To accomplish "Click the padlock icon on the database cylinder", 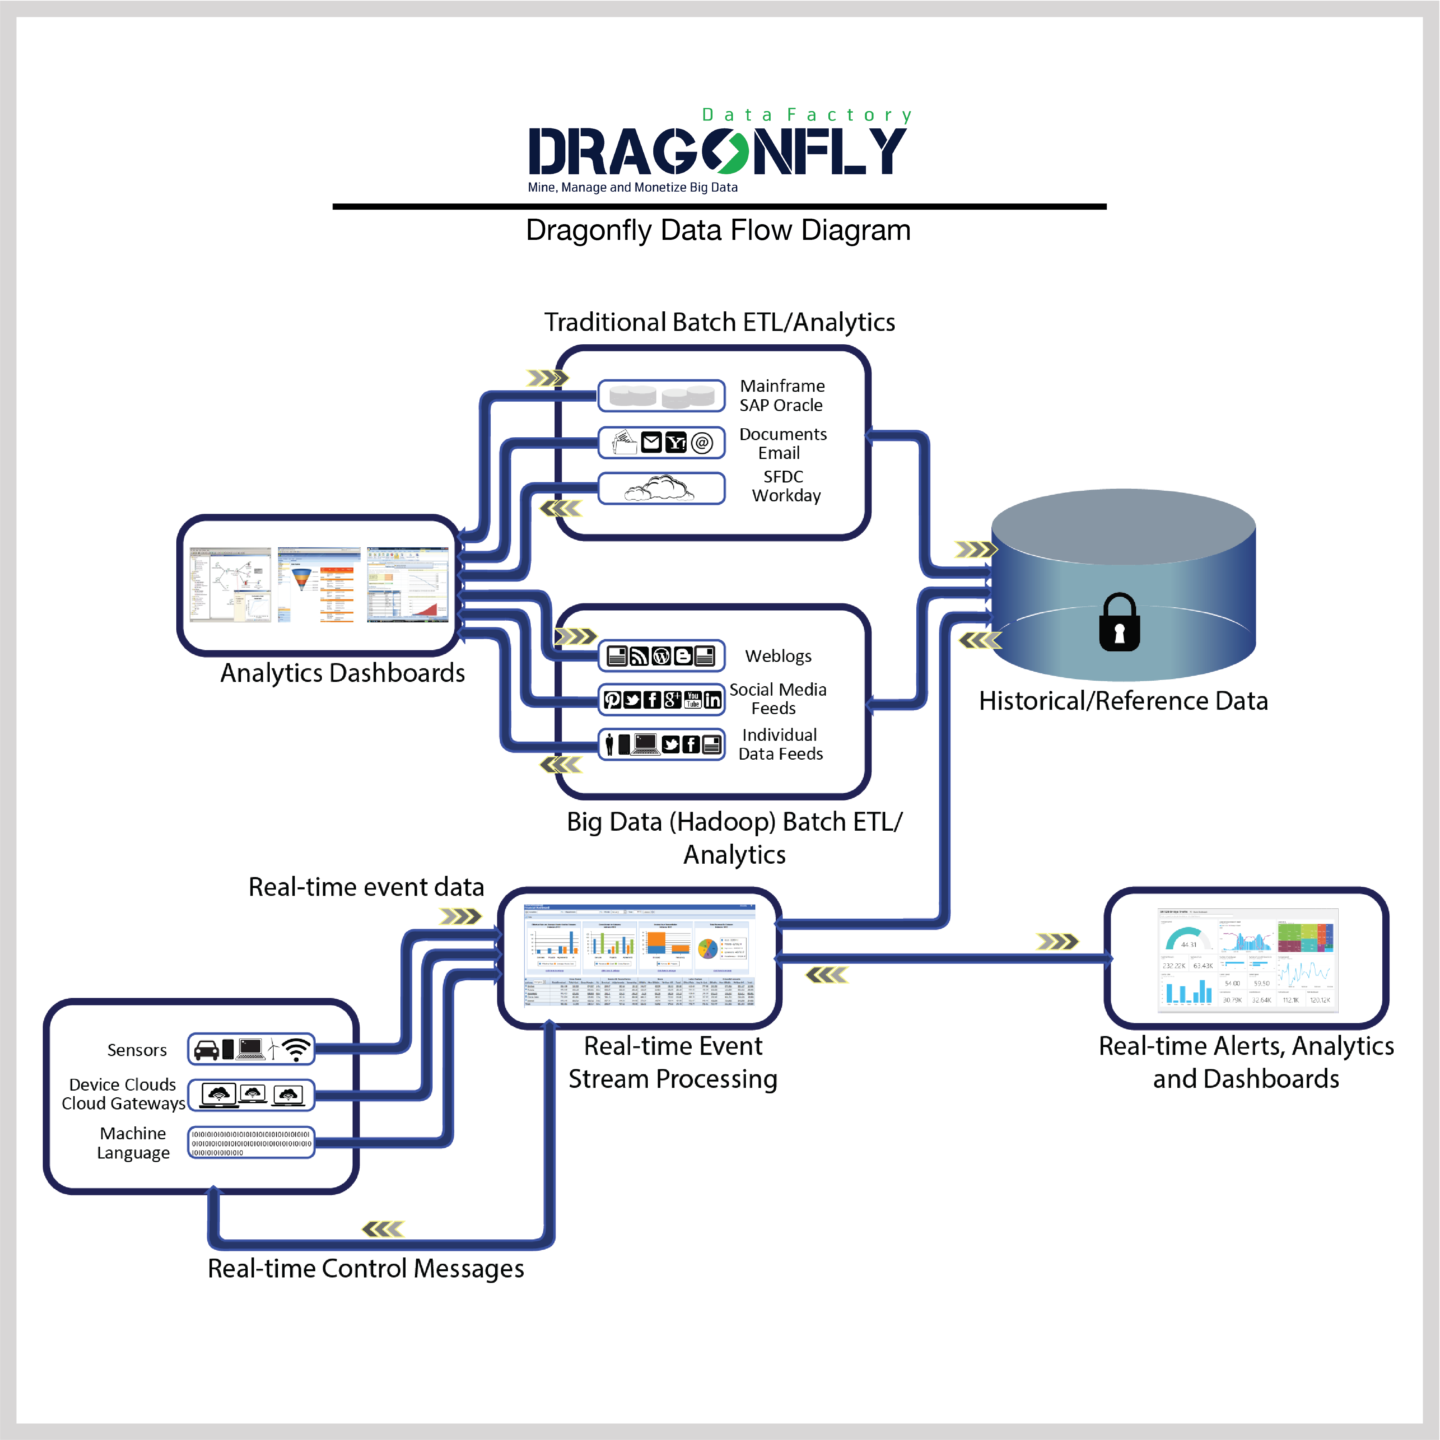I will (1119, 622).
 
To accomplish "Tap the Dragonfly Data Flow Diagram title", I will (718, 230).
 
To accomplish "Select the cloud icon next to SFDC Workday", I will (660, 489).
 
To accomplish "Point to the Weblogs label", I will (778, 656).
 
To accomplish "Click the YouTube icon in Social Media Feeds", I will (693, 699).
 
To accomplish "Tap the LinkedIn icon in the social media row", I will (713, 699).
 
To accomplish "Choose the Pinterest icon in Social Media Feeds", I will (612, 699).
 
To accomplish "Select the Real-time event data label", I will (366, 887).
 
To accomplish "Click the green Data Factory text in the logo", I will (806, 115).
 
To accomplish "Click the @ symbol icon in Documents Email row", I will (702, 443).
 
